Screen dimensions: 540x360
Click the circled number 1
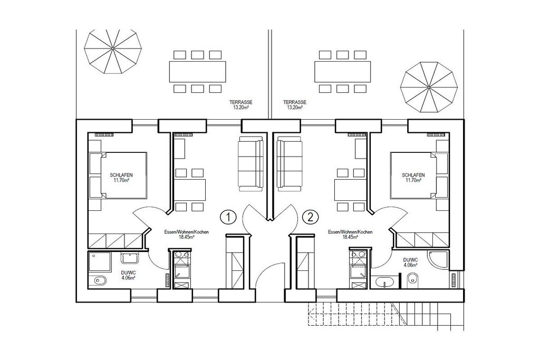(x=228, y=217)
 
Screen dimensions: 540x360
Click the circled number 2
(x=310, y=217)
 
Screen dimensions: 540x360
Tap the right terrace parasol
(x=429, y=87)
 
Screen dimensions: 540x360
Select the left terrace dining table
(x=197, y=72)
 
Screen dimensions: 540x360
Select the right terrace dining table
(x=342, y=72)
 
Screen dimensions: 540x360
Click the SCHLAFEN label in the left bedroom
(x=121, y=175)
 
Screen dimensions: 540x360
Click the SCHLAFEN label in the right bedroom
(x=413, y=175)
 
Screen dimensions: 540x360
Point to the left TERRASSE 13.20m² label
(x=240, y=105)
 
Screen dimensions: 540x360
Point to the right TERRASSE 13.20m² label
(x=294, y=105)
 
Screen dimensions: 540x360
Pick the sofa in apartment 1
(x=250, y=163)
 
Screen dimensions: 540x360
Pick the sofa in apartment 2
(x=291, y=163)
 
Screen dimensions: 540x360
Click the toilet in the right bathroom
(x=412, y=279)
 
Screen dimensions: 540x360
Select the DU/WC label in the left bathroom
(x=129, y=275)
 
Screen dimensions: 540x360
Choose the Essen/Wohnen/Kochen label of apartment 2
(x=350, y=234)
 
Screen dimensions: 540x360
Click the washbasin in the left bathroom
(x=130, y=258)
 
